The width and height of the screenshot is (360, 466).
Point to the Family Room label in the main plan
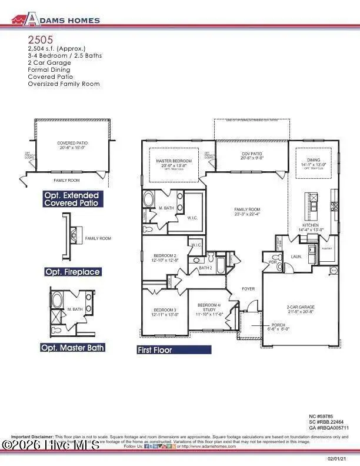[247, 210]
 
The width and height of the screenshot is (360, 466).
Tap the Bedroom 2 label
[162, 255]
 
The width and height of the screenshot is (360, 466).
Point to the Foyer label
[248, 288]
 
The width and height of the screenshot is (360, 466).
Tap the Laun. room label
[296, 257]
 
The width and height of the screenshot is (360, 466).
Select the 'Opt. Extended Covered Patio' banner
[72, 199]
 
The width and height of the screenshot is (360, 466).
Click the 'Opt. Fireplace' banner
[72, 272]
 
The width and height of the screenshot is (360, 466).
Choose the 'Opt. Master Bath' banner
[72, 347]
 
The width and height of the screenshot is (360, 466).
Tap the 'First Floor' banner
[174, 349]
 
